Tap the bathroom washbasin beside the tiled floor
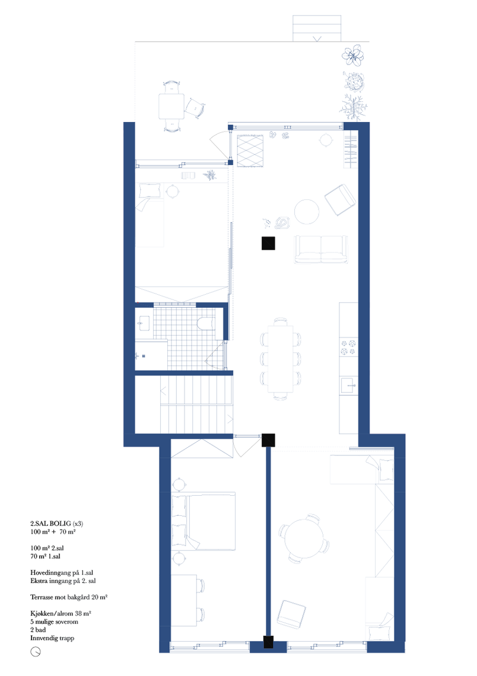coord(143,323)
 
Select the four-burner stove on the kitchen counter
coord(348,347)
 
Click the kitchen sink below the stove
coord(348,385)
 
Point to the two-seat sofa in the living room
coord(321,249)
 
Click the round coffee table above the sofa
coord(307,212)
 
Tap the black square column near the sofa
coord(268,244)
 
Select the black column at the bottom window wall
coord(268,642)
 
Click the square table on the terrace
coord(171,106)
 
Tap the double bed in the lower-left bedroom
coord(203,521)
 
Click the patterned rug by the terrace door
coord(250,151)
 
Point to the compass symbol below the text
coord(36,652)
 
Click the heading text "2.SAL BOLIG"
coord(50,524)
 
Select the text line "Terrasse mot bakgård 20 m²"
coord(69,597)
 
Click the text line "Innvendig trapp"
coord(52,638)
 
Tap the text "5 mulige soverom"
coord(55,621)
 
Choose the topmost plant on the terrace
coord(353,55)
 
